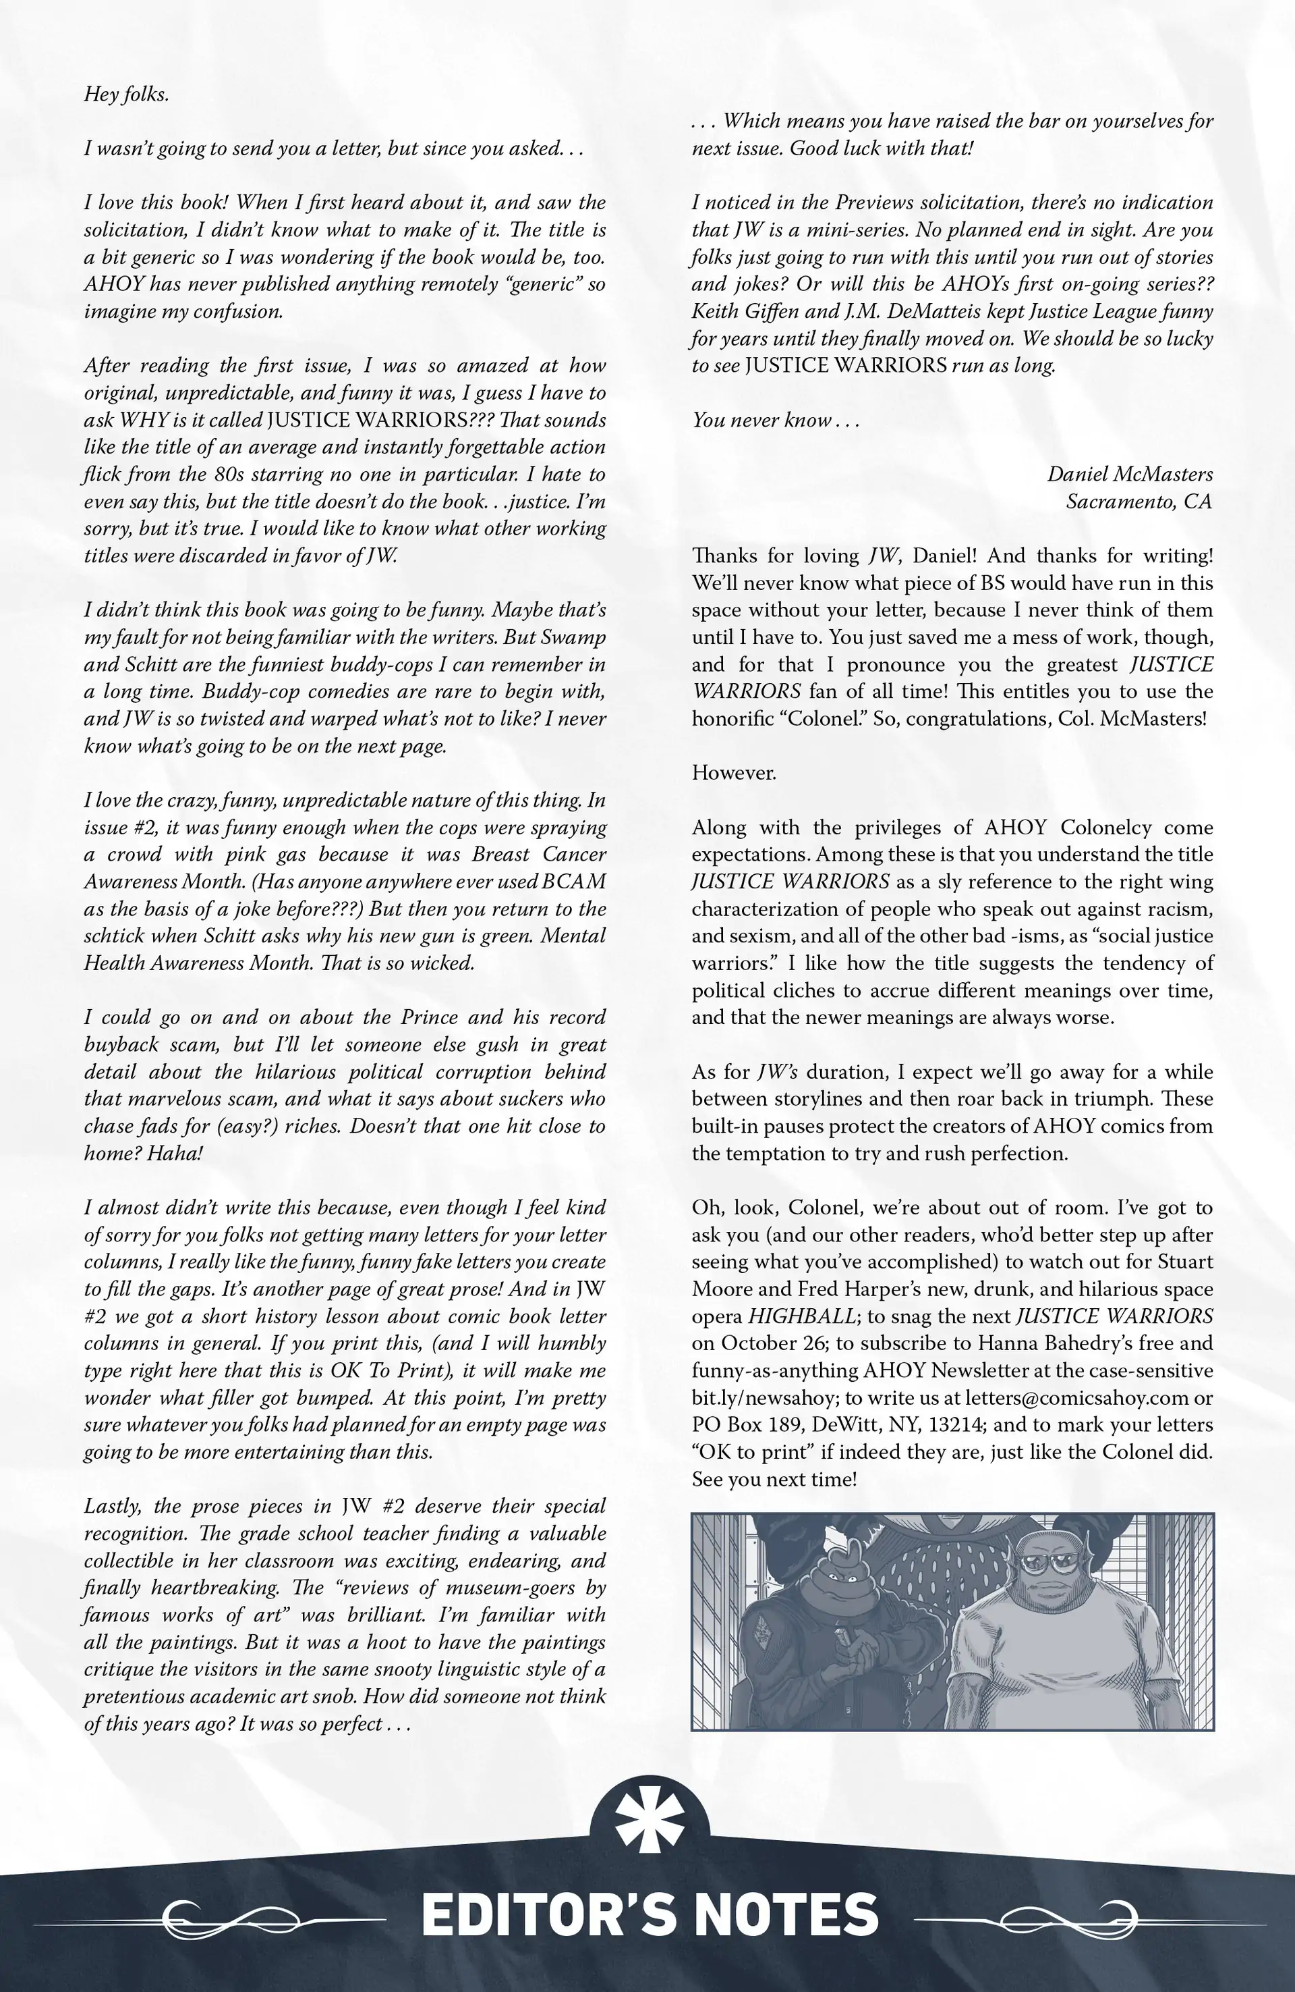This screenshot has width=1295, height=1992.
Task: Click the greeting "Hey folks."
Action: (126, 94)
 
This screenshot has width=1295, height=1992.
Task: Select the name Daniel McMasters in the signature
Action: (1129, 474)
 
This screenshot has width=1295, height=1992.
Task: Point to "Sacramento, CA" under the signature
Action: (1139, 502)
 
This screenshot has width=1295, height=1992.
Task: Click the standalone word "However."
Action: (734, 772)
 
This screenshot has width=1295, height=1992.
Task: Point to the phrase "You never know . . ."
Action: (776, 420)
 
